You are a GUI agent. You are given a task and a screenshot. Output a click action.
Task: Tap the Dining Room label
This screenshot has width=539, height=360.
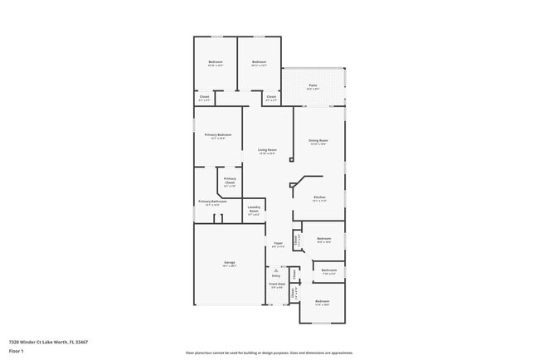coord(318,141)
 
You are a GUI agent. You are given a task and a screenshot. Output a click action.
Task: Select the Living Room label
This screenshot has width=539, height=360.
coord(267,150)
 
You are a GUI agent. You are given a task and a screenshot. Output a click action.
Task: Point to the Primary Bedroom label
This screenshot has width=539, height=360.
coord(218,134)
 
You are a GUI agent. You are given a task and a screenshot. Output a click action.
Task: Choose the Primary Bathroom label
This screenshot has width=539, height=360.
coord(212,202)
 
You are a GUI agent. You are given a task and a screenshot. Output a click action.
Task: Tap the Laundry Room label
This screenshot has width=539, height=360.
coord(254,211)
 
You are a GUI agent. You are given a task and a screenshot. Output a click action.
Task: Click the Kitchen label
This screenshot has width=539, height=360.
coord(319,197)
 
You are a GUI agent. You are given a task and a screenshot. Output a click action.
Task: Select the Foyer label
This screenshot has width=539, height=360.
coord(279,243)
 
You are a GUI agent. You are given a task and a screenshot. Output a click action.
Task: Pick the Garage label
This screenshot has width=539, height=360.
coord(229,263)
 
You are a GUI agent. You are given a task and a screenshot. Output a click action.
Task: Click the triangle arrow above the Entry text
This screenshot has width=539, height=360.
coord(275,270)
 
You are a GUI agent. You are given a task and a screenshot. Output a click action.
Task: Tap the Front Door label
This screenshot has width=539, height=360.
coord(276,284)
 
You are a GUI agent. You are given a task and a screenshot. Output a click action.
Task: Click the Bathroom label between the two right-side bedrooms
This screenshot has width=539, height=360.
coord(329,270)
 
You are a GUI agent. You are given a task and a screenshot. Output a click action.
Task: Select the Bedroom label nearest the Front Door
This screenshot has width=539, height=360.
coord(323,301)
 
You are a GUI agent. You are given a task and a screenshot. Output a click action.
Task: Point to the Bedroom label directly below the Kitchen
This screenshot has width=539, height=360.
coord(323,238)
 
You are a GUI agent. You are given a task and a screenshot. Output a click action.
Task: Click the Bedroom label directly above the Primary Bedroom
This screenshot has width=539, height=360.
coord(216,62)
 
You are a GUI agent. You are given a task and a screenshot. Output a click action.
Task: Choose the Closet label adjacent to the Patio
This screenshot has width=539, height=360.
coord(271,98)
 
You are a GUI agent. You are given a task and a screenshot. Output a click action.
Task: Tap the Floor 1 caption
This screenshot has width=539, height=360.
coord(17,351)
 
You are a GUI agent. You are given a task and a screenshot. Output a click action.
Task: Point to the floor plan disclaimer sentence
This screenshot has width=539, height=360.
coord(269,353)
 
